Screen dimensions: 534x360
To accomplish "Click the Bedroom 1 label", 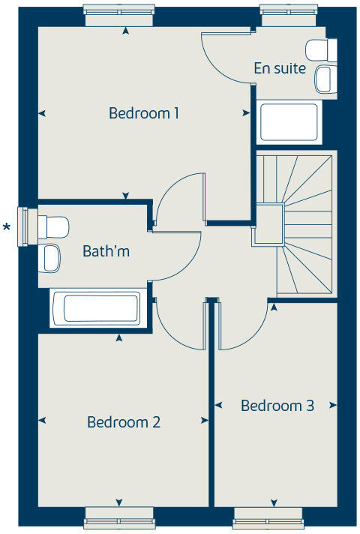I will pos(144,113).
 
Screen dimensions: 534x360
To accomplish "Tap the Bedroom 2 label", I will pos(124,422).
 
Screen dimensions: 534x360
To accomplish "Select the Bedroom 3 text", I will pos(277,406).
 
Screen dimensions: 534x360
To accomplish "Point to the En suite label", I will pos(280,68).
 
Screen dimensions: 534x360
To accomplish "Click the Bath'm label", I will pos(106,251).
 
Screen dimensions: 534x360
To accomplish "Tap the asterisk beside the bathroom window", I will pos(8,227).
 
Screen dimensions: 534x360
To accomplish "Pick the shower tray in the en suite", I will pos(289,121).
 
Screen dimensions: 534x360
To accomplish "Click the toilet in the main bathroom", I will pos(52,224).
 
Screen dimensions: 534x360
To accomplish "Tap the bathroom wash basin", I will pos(50,258).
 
